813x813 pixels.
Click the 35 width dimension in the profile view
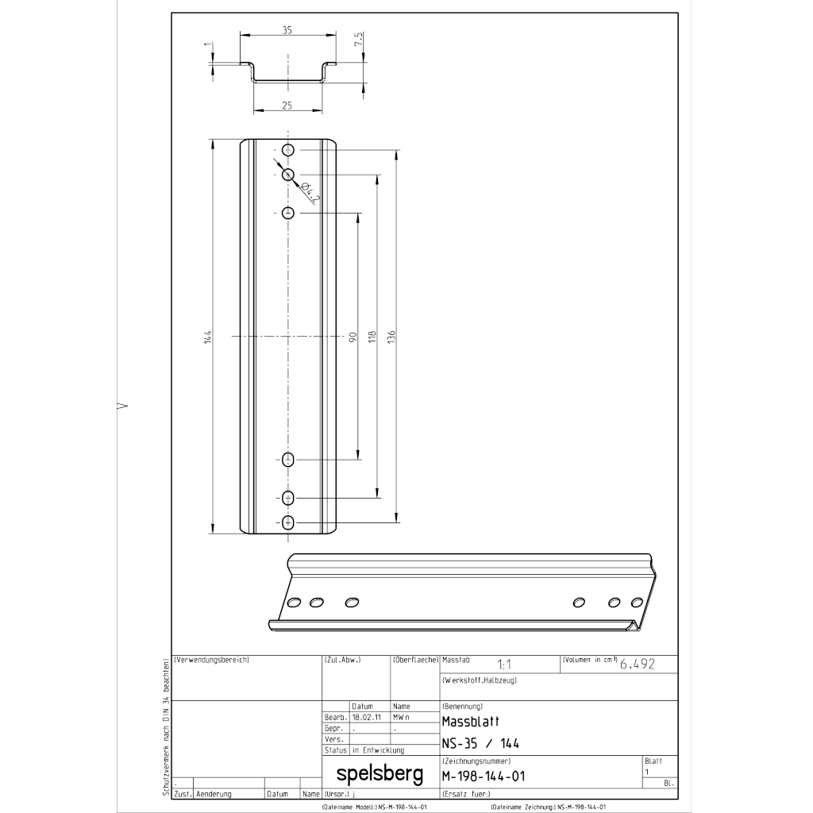[287, 30]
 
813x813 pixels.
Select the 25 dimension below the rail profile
[287, 106]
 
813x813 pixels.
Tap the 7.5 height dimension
[358, 40]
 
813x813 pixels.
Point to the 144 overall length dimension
[208, 337]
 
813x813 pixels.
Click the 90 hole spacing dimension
[353, 337]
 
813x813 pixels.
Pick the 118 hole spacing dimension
[372, 337]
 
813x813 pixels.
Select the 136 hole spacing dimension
[391, 337]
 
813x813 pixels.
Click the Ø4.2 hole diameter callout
[310, 192]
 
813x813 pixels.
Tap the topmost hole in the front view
[287, 150]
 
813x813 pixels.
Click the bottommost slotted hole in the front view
[287, 522]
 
